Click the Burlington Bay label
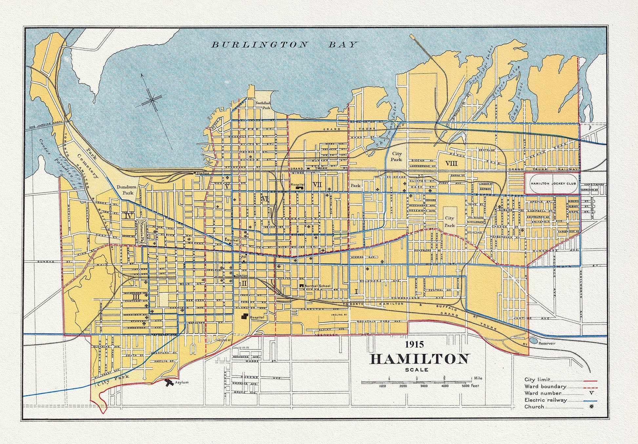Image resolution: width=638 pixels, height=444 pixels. pyautogui.click(x=284, y=45)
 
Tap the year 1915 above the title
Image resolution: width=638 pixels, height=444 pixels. pyautogui.click(x=414, y=344)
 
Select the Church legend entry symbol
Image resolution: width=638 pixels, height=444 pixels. pyautogui.click(x=591, y=407)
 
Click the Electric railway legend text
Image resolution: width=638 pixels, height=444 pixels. pyautogui.click(x=545, y=400)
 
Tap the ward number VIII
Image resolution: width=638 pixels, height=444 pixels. pyautogui.click(x=451, y=163)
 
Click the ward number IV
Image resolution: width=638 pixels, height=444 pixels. pyautogui.click(x=129, y=216)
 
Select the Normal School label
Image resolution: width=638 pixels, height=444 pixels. pyautogui.click(x=317, y=286)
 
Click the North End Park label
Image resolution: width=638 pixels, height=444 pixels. pyautogui.click(x=263, y=105)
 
